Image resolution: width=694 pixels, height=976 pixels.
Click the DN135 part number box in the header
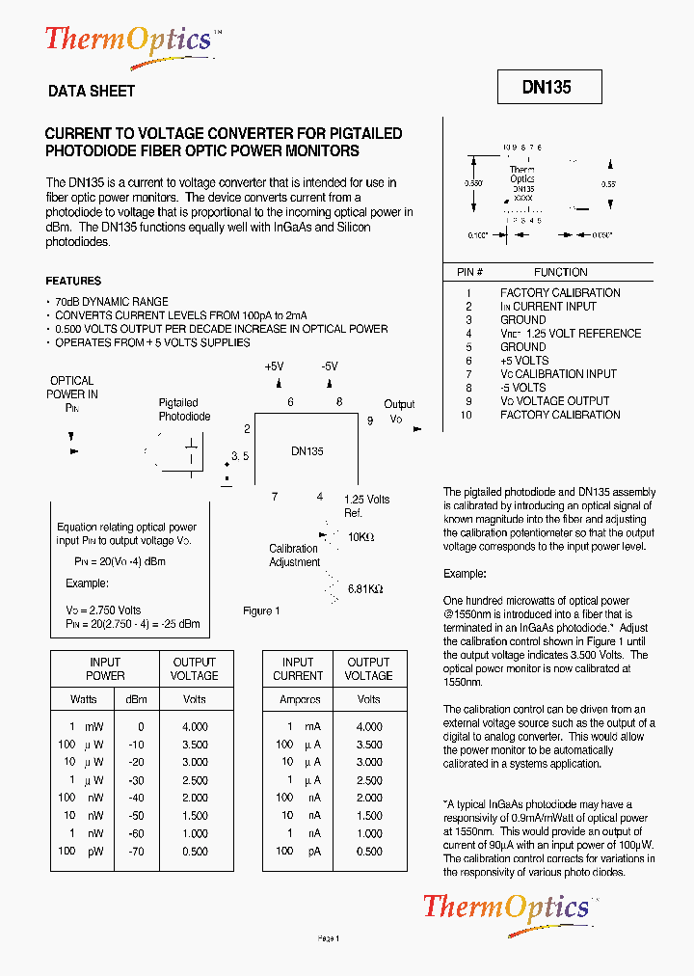coord(548,87)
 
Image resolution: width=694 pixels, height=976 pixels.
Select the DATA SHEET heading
coord(92,92)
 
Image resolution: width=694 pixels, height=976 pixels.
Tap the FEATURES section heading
coord(73,281)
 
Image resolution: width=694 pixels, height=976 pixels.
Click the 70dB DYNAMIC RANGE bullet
coord(111,302)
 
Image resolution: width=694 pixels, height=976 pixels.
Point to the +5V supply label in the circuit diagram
coord(275,367)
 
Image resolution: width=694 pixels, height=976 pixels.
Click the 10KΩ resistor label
coord(360,536)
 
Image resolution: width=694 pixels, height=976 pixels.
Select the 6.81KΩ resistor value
coord(365,588)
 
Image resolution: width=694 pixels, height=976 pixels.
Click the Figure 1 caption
coord(261,610)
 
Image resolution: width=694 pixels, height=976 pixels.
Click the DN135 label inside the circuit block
coord(307,450)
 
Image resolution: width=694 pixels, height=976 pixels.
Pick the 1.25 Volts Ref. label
coord(366,505)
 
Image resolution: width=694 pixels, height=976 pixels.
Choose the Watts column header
coord(84,699)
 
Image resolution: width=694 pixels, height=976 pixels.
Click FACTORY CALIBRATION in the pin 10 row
coord(560,415)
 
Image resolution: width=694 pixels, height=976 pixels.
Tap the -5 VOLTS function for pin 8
coord(522,388)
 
